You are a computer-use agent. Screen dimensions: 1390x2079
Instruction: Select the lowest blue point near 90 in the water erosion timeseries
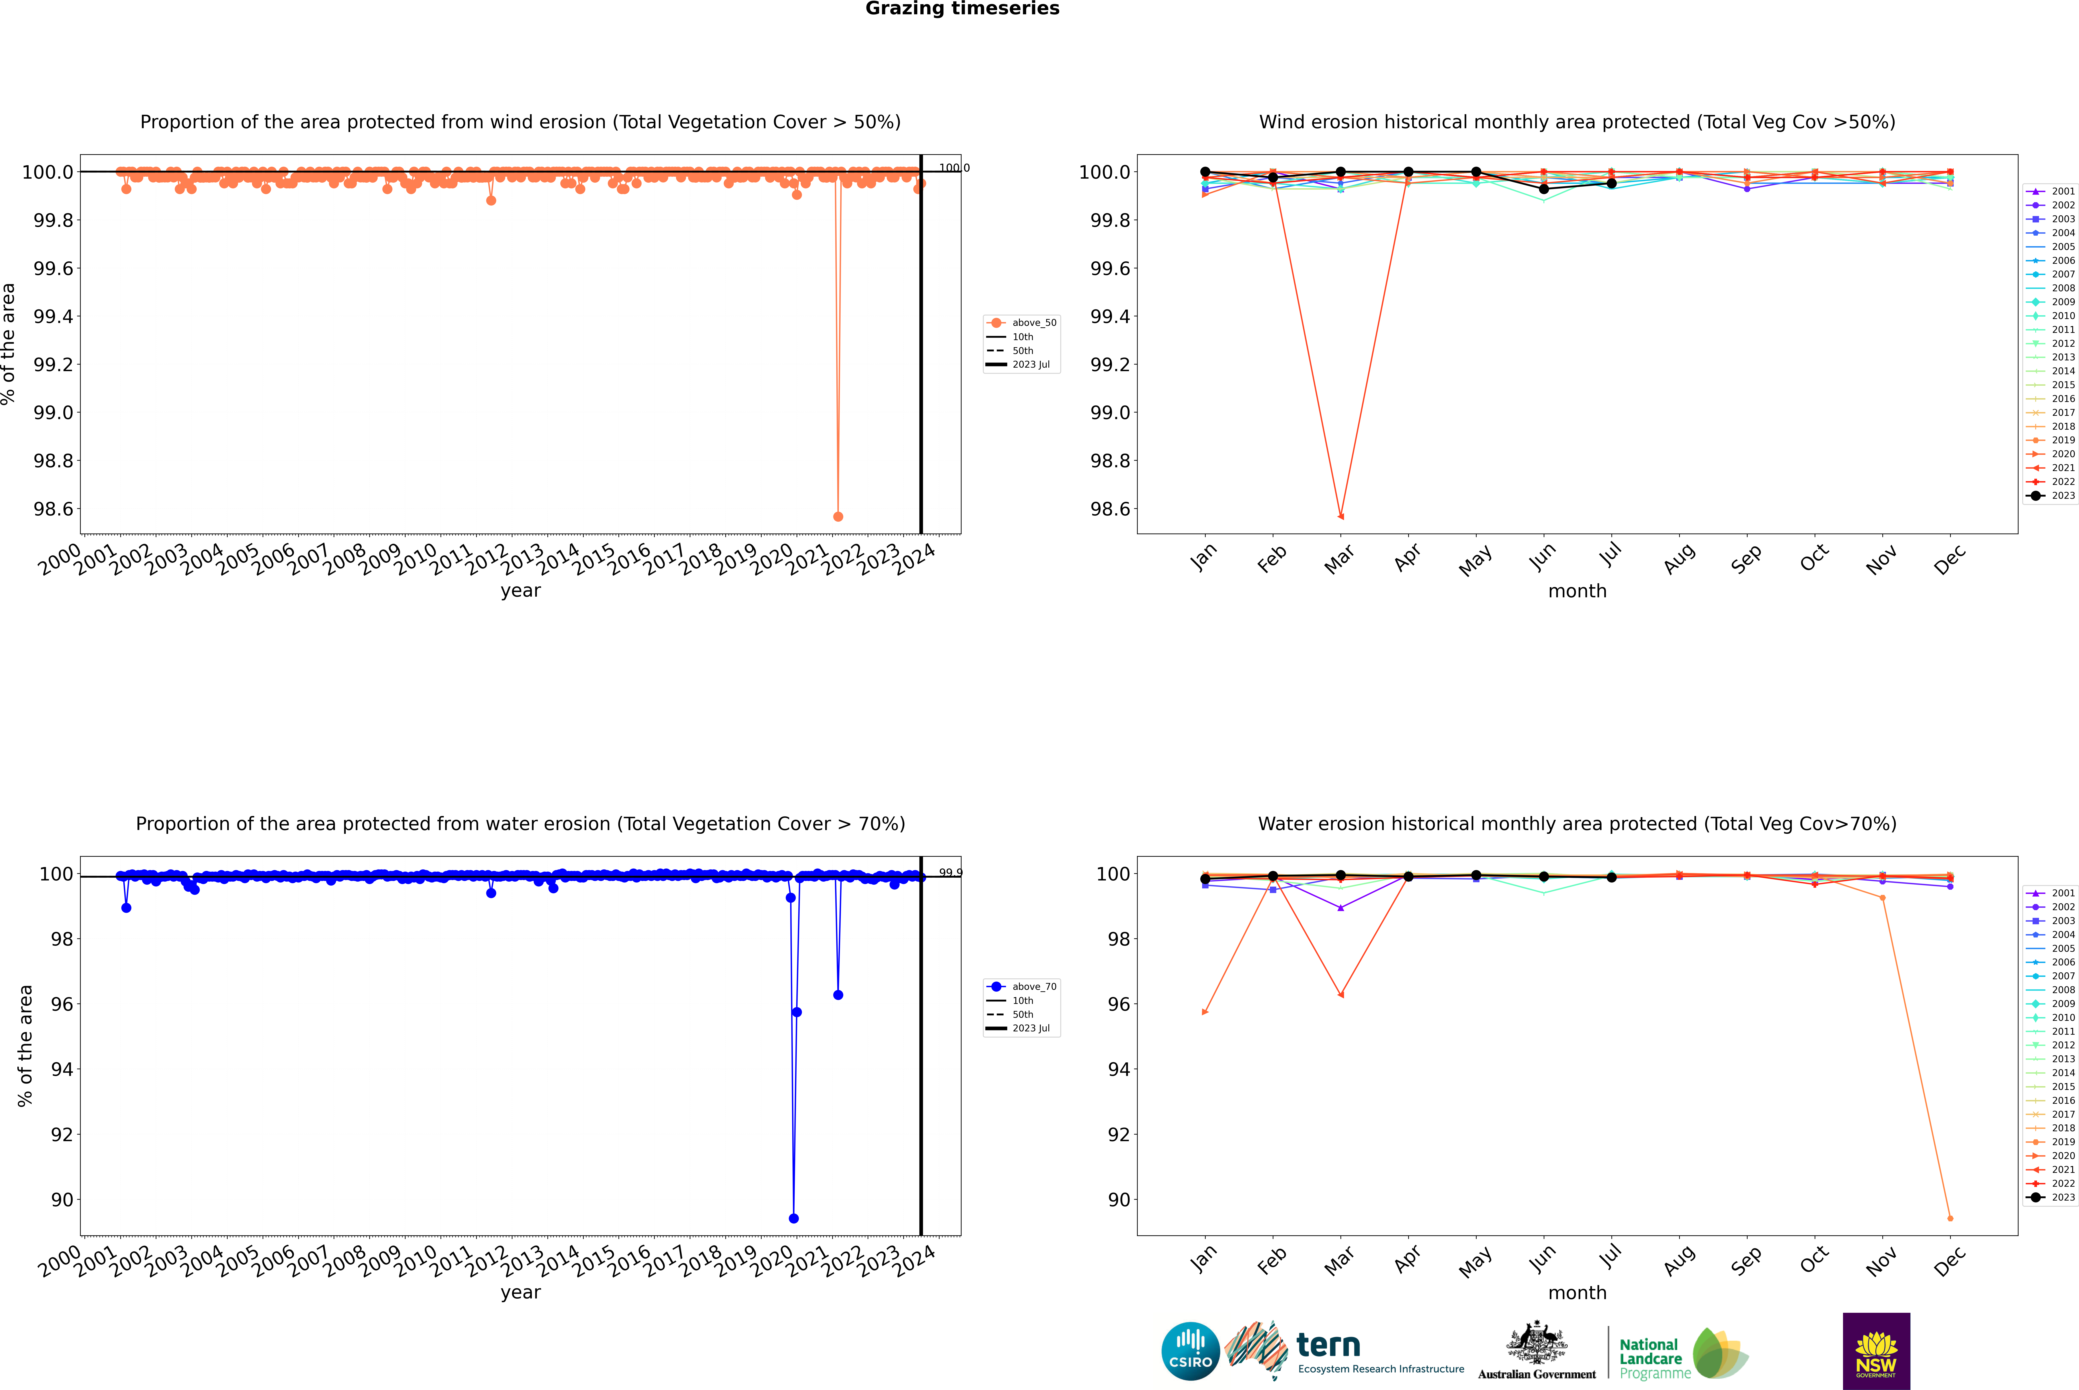(793, 1218)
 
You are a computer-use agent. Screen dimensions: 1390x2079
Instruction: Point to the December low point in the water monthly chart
(1950, 1218)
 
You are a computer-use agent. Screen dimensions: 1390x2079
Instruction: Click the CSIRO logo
(1190, 1351)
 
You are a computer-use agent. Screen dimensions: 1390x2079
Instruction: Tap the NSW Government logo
(1876, 1351)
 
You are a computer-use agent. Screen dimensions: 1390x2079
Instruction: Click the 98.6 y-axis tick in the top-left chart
(53, 509)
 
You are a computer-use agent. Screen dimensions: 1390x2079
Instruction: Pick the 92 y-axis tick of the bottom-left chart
(62, 1135)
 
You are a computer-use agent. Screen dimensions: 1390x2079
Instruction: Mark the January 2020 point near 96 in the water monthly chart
(1204, 1011)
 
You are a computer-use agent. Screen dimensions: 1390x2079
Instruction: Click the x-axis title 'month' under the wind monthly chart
(1576, 591)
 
